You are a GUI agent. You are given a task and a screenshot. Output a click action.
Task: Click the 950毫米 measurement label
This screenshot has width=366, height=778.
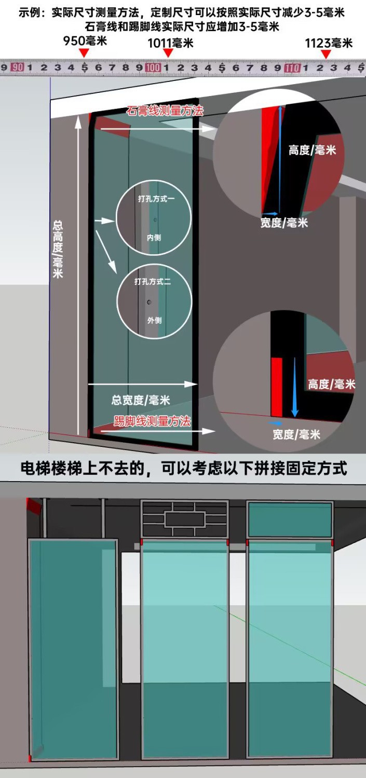(x=85, y=41)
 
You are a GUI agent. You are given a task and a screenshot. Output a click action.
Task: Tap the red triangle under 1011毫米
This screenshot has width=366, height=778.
(x=168, y=53)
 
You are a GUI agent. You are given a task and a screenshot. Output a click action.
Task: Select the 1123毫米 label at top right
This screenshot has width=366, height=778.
(x=329, y=43)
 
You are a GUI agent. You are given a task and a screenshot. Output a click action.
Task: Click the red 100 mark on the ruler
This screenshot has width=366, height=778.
(x=153, y=67)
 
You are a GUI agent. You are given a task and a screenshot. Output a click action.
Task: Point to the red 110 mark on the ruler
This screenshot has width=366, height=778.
(x=292, y=67)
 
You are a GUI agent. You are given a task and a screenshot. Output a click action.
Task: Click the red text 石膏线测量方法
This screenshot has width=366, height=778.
(x=165, y=111)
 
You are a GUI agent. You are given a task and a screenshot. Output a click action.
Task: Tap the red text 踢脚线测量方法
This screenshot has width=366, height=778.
(x=152, y=421)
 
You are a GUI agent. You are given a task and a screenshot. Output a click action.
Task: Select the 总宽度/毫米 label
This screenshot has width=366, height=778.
(x=141, y=400)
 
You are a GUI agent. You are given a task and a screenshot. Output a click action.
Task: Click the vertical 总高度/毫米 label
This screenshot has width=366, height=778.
(x=58, y=249)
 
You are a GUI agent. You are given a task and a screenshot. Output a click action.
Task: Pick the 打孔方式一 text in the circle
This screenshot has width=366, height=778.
(x=154, y=199)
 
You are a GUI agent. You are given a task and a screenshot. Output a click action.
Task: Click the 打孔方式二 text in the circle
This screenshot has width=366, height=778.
(x=153, y=282)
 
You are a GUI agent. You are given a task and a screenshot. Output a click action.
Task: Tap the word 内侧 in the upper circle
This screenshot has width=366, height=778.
(x=154, y=237)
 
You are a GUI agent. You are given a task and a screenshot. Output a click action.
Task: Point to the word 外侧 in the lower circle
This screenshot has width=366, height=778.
(x=154, y=320)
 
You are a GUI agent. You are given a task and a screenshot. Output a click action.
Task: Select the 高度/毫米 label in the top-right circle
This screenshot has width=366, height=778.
(x=313, y=151)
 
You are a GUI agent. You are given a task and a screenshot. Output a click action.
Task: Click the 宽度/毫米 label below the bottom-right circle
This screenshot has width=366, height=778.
(x=296, y=434)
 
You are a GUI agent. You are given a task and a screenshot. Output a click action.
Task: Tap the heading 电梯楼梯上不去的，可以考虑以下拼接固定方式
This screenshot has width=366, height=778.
(x=183, y=469)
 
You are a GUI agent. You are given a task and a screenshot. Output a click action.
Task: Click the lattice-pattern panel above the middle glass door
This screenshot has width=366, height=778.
(x=185, y=518)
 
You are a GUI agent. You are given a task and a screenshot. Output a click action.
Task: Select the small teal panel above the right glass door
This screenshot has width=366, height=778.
(x=290, y=520)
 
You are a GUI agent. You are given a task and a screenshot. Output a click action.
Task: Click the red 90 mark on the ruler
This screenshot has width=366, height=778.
(x=17, y=67)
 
